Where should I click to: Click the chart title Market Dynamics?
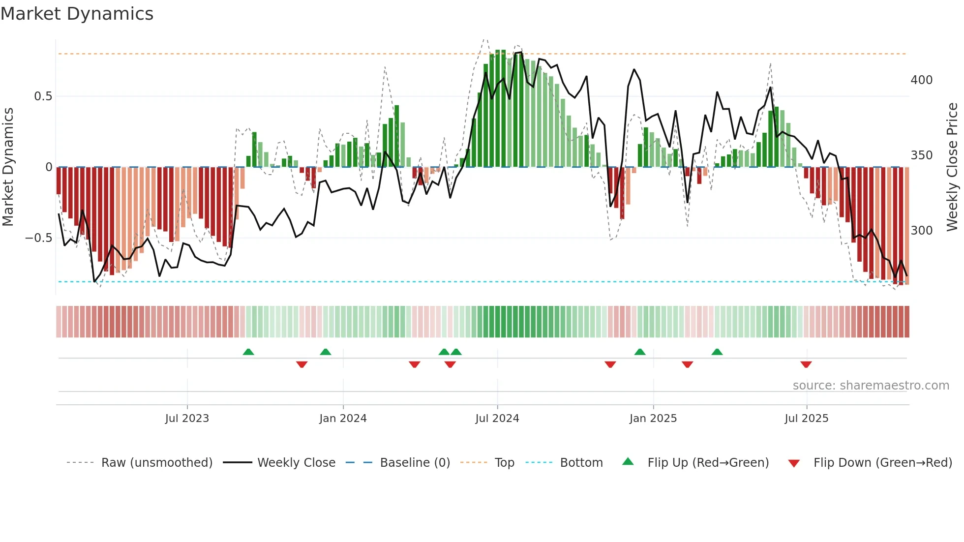click(x=77, y=14)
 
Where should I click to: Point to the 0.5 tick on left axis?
click(x=43, y=96)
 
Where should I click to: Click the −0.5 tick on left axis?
click(x=39, y=238)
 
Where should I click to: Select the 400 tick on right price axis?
click(x=921, y=80)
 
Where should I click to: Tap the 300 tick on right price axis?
click(x=921, y=231)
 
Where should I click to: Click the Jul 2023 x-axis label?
click(x=187, y=419)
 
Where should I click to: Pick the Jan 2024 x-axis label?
click(x=343, y=419)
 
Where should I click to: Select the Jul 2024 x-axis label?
click(x=497, y=419)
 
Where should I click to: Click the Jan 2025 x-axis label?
click(x=653, y=419)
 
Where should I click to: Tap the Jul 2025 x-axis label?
click(x=807, y=419)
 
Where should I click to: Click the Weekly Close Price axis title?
click(x=952, y=167)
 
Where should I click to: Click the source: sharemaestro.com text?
click(x=871, y=386)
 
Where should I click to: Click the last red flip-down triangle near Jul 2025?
click(x=806, y=364)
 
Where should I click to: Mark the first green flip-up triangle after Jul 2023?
click(x=248, y=352)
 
